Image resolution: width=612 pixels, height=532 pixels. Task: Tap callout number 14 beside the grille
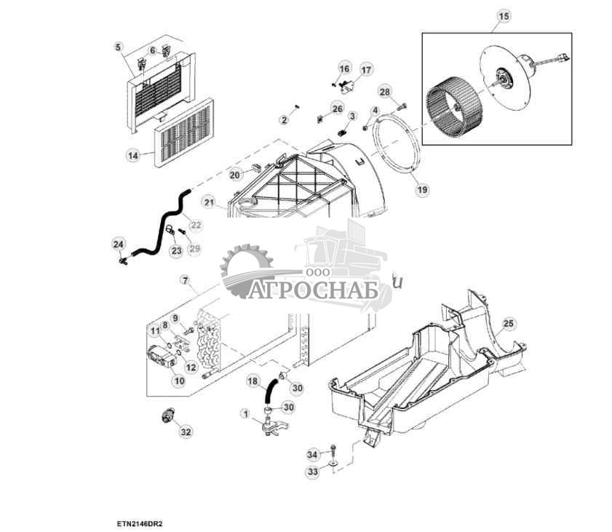pyautogui.click(x=132, y=155)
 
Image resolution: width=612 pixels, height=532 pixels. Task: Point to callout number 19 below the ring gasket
pyautogui.click(x=421, y=191)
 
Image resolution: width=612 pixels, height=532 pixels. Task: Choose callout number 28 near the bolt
pyautogui.click(x=385, y=92)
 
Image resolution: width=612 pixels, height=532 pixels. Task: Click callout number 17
pyautogui.click(x=366, y=70)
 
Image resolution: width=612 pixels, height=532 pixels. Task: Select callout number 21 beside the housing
pyautogui.click(x=209, y=202)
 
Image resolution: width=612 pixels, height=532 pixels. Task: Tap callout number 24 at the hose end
pyautogui.click(x=119, y=243)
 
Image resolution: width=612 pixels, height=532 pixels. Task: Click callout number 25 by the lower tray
pyautogui.click(x=508, y=323)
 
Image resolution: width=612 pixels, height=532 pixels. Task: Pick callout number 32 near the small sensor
pyautogui.click(x=186, y=432)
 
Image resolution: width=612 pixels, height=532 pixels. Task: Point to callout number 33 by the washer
pyautogui.click(x=312, y=472)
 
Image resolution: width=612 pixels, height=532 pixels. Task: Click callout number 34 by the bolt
pyautogui.click(x=312, y=455)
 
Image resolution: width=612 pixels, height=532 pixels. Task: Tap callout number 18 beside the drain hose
pyautogui.click(x=253, y=381)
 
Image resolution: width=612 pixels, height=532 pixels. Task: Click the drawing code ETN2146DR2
pyautogui.click(x=138, y=523)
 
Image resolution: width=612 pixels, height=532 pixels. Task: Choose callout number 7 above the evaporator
pyautogui.click(x=185, y=280)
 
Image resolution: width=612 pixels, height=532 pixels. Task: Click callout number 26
pyautogui.click(x=336, y=108)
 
